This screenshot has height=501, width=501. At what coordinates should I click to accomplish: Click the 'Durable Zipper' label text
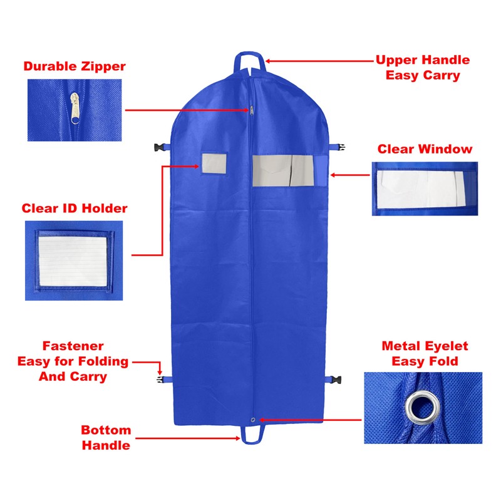75,66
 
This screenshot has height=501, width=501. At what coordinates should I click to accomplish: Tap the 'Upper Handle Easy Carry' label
422,68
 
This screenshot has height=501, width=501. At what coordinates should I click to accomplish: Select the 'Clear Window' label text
425,149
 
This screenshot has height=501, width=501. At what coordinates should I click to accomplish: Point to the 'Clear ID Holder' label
75,209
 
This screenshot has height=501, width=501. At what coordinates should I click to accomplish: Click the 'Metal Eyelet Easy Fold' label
425,354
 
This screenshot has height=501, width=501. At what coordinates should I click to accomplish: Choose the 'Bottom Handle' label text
106,438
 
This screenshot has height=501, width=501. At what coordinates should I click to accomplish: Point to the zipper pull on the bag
252,110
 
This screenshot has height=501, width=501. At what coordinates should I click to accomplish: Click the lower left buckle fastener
160,379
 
